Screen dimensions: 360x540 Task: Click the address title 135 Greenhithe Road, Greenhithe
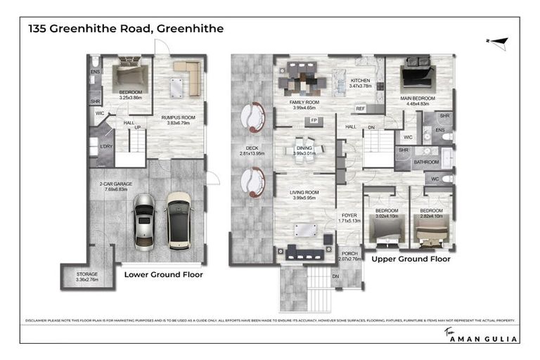[x=126, y=29]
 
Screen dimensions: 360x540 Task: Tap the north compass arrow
[x=498, y=42]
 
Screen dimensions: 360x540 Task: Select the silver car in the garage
[x=143, y=220]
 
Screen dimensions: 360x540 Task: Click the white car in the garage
[x=178, y=220]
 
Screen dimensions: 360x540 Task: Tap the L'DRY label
[x=106, y=146]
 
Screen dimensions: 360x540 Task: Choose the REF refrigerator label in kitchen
[x=360, y=108]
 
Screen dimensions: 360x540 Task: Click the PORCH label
[x=349, y=255]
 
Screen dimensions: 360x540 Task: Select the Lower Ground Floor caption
[x=163, y=274]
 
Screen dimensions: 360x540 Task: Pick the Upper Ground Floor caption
[x=411, y=259]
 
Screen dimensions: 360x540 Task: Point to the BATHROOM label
[x=425, y=162]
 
